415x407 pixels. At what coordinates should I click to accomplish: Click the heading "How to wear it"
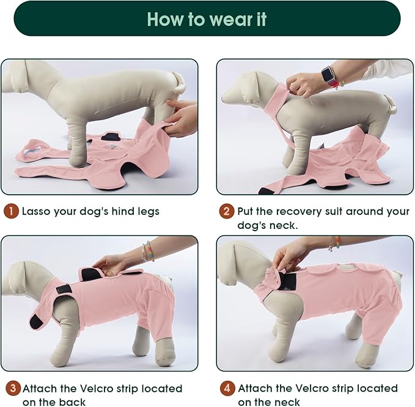pos(207,19)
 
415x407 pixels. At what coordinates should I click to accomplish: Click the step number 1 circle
pos(11,212)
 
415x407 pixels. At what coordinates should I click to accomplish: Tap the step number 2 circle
pos(226,212)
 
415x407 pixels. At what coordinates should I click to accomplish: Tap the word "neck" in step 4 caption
pos(288,402)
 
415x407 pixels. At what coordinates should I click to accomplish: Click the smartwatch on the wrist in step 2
pos(329,76)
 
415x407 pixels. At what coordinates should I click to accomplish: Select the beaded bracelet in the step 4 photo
pos(334,244)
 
